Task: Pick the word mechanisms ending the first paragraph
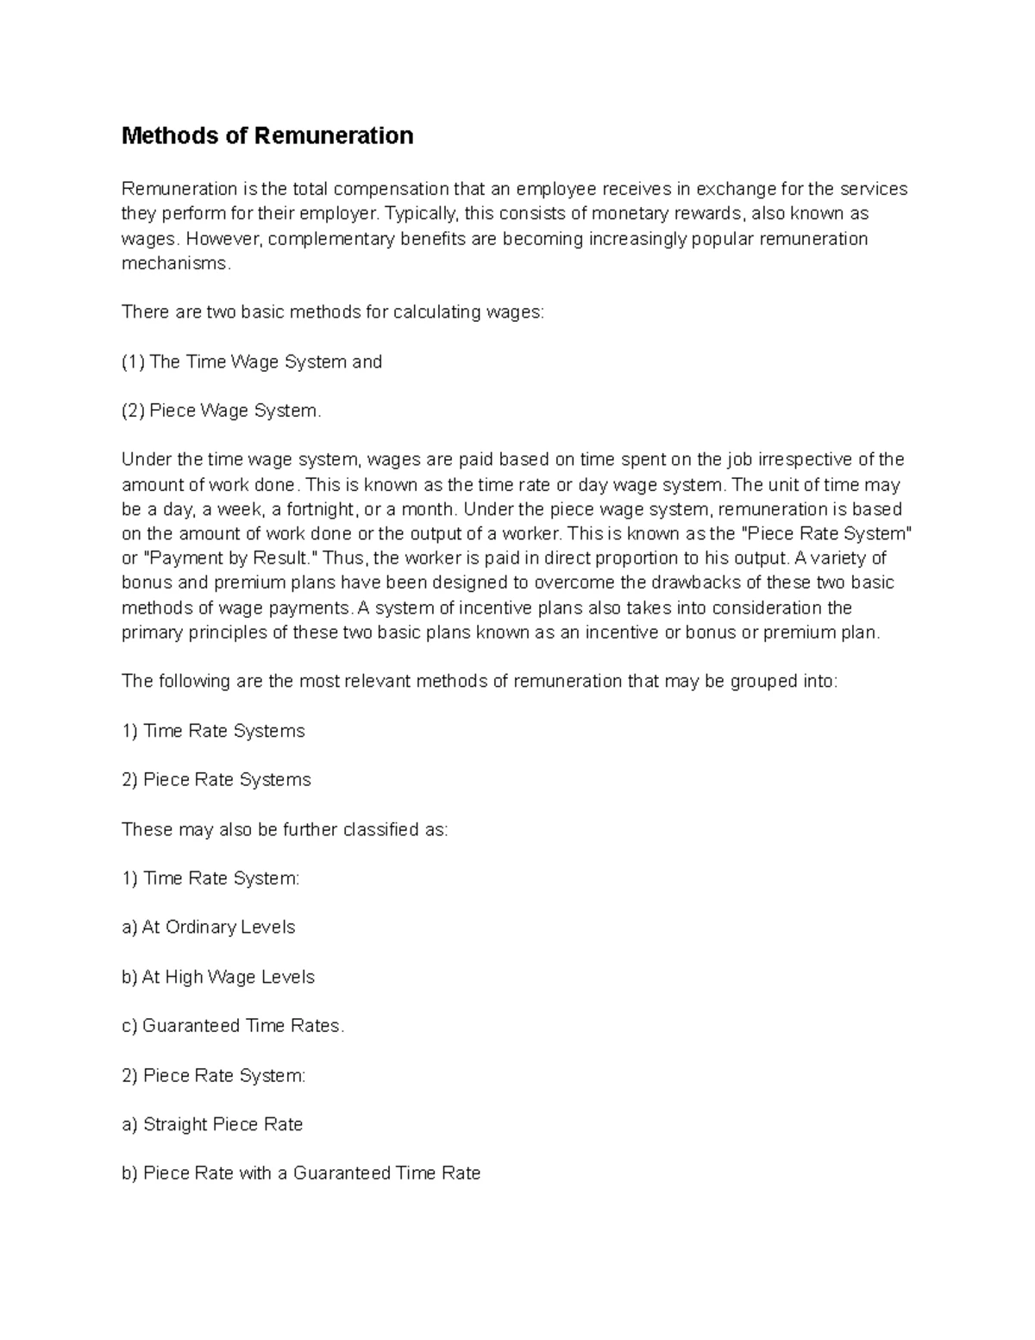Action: pyautogui.click(x=175, y=263)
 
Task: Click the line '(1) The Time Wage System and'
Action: pyautogui.click(x=252, y=362)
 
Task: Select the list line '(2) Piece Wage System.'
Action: pyautogui.click(x=222, y=411)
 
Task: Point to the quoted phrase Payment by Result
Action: pyautogui.click(x=212, y=558)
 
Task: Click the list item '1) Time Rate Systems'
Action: pyautogui.click(x=214, y=731)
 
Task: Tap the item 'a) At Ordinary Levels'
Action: pyautogui.click(x=209, y=927)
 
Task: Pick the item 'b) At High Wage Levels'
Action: pyautogui.click(x=218, y=977)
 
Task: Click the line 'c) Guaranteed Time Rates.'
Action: pyautogui.click(x=233, y=1026)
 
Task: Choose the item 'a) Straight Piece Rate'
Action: pyautogui.click(x=212, y=1124)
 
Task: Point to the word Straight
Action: pyautogui.click(x=175, y=1124)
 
